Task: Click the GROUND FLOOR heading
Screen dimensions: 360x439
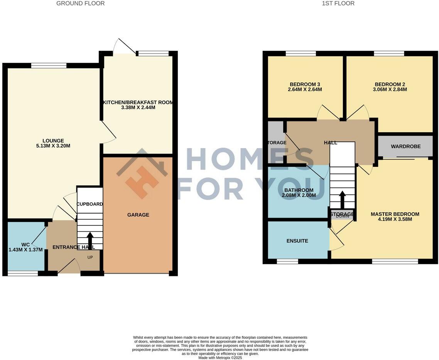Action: pos(80,3)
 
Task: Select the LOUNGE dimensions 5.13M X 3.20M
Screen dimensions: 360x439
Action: pos(53,146)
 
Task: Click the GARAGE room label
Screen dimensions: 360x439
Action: pos(138,215)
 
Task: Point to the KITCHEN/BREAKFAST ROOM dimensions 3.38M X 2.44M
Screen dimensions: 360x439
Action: pos(138,108)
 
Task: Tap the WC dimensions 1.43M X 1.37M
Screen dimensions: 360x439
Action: pos(25,250)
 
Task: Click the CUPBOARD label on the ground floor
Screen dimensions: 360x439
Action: pos(90,204)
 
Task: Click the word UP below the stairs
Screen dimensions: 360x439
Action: pos(90,257)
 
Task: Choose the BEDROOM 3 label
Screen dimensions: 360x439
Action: pos(305,84)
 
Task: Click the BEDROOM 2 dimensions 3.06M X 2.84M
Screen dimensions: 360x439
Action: pos(390,90)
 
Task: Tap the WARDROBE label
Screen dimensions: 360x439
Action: pos(405,146)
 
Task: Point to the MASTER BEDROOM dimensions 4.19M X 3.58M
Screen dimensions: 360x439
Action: pos(395,220)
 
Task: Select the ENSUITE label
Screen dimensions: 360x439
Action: pos(297,241)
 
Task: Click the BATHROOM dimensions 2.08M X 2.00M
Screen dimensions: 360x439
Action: pos(299,196)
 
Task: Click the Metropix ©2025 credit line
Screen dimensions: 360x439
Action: pos(220,358)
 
